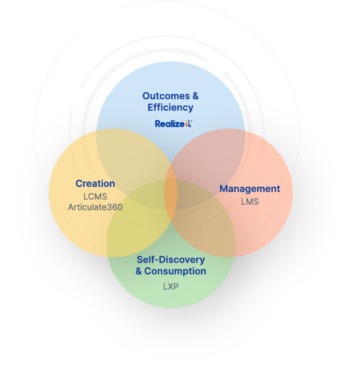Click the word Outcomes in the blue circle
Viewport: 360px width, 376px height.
[165, 96]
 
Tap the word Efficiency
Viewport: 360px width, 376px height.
[170, 108]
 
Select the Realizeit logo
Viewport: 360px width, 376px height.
[173, 124]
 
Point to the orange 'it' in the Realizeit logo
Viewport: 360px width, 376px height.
[188, 124]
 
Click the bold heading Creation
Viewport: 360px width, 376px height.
[95, 183]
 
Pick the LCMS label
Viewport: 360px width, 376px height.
[95, 196]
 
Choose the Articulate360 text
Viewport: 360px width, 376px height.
[95, 207]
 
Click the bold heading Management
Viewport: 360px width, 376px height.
[250, 189]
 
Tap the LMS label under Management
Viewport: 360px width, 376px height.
[250, 202]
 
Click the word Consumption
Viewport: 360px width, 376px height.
[175, 271]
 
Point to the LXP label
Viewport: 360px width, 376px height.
[170, 286]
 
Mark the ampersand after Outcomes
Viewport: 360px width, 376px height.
[195, 96]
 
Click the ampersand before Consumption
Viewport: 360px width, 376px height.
[139, 271]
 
